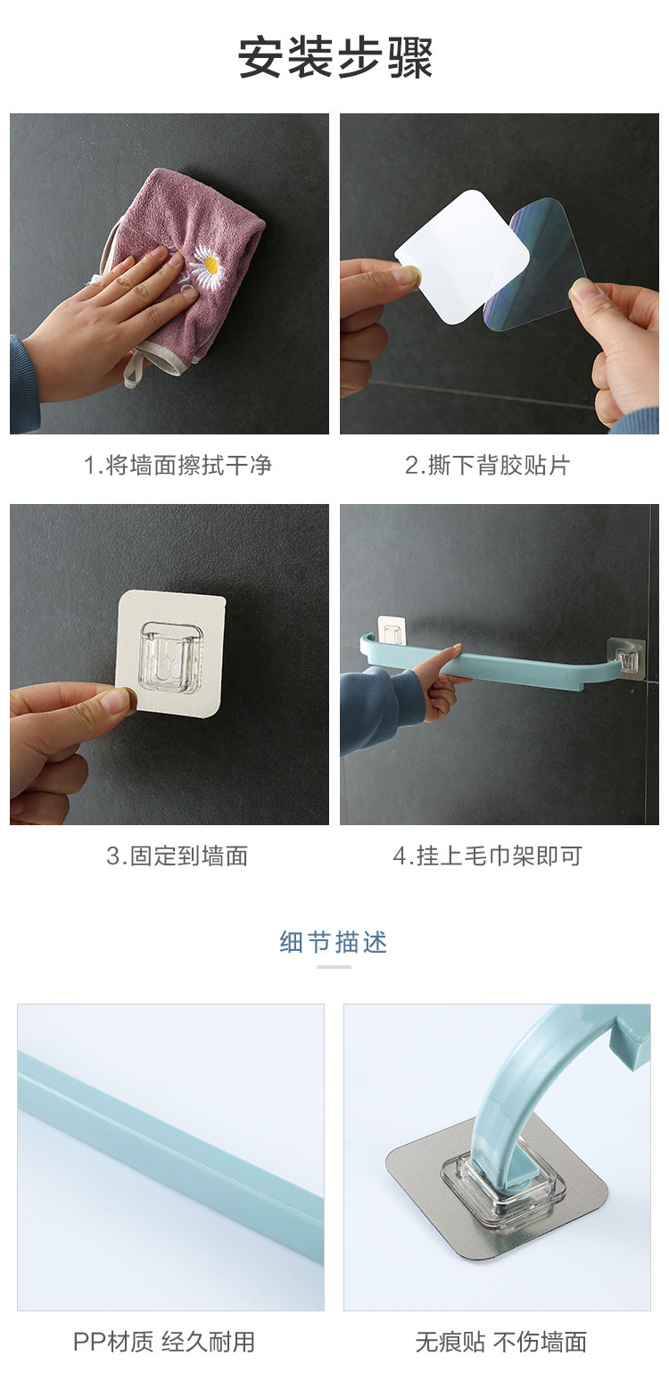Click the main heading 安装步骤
(334, 58)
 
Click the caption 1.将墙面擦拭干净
(178, 465)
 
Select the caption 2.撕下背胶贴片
(487, 465)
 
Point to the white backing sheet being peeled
(462, 243)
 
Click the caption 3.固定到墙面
(177, 856)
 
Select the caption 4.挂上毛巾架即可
(487, 856)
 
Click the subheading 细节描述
(334, 942)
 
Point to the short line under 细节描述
(334, 966)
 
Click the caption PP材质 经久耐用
(164, 1342)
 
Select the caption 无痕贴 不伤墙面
(500, 1342)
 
